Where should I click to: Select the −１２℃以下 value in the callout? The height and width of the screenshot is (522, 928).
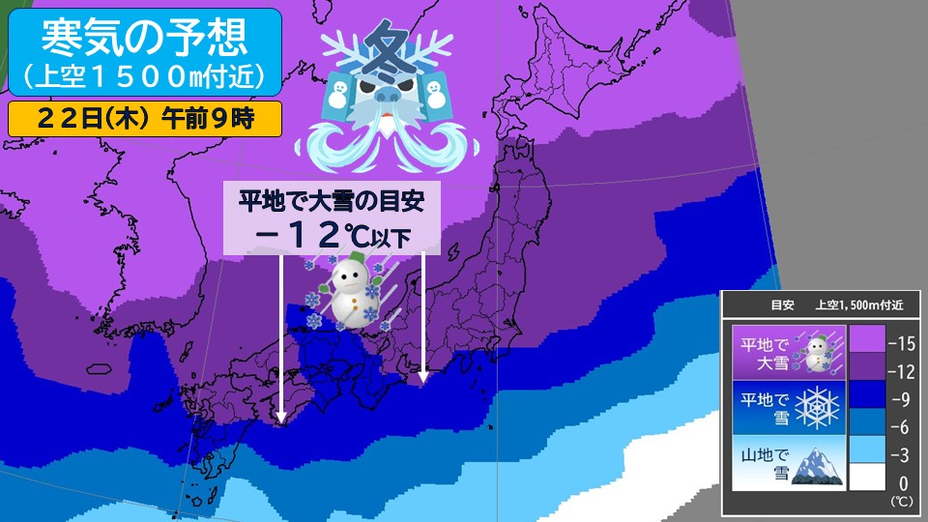click(332, 235)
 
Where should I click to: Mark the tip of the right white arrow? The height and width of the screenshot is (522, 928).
click(423, 383)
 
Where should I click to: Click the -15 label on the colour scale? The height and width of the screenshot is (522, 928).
click(900, 342)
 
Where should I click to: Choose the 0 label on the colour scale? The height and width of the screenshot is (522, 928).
click(901, 482)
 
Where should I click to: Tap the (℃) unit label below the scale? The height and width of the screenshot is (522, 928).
click(900, 504)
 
